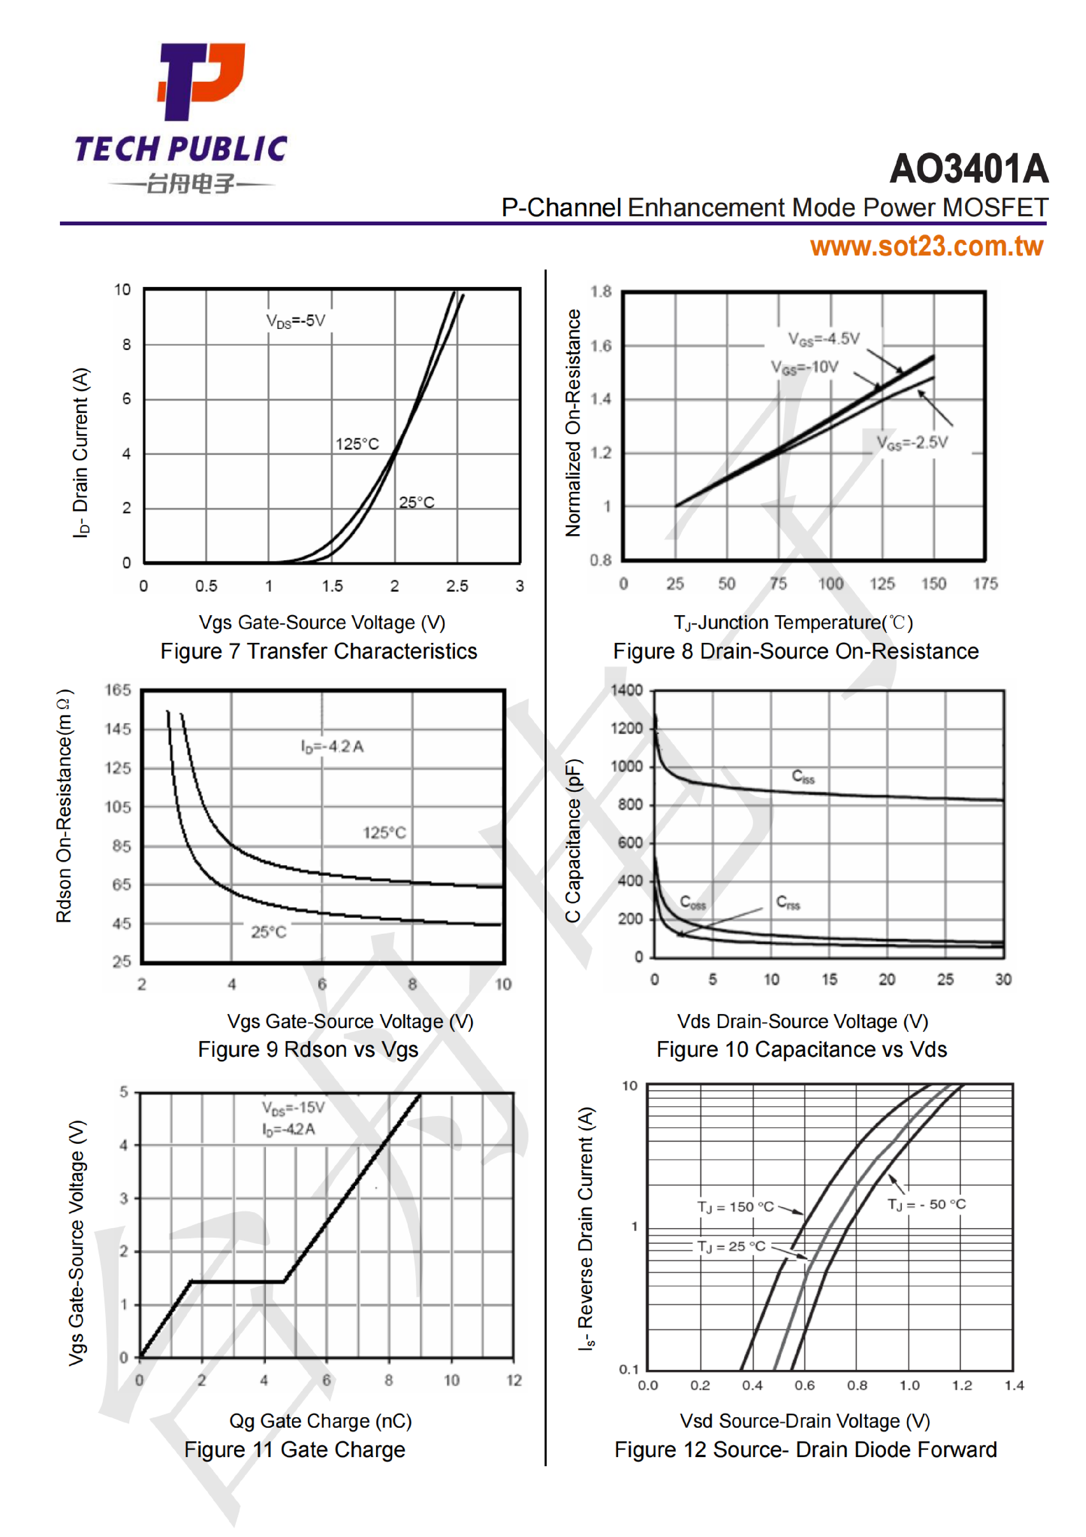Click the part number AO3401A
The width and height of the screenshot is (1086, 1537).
click(968, 169)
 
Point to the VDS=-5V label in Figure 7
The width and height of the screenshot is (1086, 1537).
click(296, 321)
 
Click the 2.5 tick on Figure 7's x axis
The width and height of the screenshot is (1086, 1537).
click(457, 586)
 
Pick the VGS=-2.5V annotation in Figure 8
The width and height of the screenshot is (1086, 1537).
click(912, 442)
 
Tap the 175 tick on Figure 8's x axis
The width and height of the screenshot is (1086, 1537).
click(985, 584)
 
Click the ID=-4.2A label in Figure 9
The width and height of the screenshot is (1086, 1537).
click(332, 746)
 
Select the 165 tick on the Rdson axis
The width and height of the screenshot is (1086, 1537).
click(118, 690)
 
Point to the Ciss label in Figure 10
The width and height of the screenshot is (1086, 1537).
click(803, 776)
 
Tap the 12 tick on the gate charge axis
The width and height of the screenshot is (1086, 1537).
click(514, 1380)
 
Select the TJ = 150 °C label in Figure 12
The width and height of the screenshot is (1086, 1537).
click(735, 1207)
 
